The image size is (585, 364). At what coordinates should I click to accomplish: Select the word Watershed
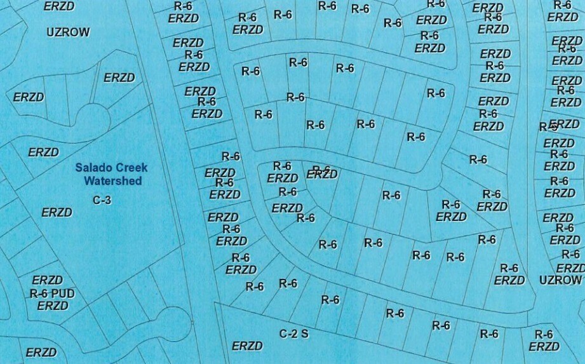[113, 181]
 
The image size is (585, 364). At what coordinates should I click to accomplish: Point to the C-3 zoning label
[102, 200]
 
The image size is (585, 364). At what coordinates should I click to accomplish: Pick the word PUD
[64, 293]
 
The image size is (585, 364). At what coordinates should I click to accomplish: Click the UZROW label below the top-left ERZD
[68, 32]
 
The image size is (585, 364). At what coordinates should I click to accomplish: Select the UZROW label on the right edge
[560, 280]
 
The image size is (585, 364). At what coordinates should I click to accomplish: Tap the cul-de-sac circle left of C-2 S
[172, 324]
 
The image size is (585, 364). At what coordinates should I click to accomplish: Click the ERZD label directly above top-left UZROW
[58, 6]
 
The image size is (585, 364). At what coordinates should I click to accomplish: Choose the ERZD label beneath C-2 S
[247, 346]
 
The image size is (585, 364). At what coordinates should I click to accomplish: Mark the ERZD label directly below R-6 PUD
[52, 306]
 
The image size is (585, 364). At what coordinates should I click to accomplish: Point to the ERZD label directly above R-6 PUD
[47, 280]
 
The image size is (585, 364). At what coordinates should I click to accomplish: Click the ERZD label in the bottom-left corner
[41, 352]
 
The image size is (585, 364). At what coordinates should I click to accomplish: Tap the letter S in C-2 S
[305, 333]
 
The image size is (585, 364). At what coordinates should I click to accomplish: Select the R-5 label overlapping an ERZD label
[548, 127]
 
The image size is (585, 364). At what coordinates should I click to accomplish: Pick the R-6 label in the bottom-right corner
[544, 334]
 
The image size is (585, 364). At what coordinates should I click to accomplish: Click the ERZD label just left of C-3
[57, 212]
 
